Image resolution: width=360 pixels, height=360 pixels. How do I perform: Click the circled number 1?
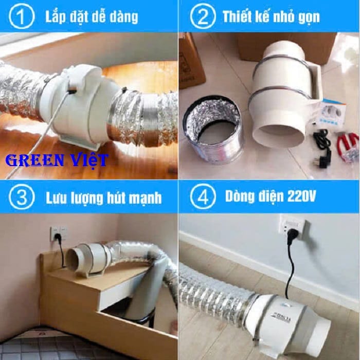coord(22,16)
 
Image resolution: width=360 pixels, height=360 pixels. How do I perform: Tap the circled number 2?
coord(203,16)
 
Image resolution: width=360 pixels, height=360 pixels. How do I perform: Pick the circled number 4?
coord(203,197)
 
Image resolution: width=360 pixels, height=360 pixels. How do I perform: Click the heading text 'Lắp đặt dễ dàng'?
coord(92,17)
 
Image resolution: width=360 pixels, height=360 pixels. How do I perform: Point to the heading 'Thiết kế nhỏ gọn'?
coord(271,17)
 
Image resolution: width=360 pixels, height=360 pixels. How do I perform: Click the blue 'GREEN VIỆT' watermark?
coord(57,160)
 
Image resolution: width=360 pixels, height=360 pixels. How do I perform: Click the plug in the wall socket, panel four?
coord(293,235)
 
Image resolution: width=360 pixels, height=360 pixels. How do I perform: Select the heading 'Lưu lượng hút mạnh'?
coord(104,198)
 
